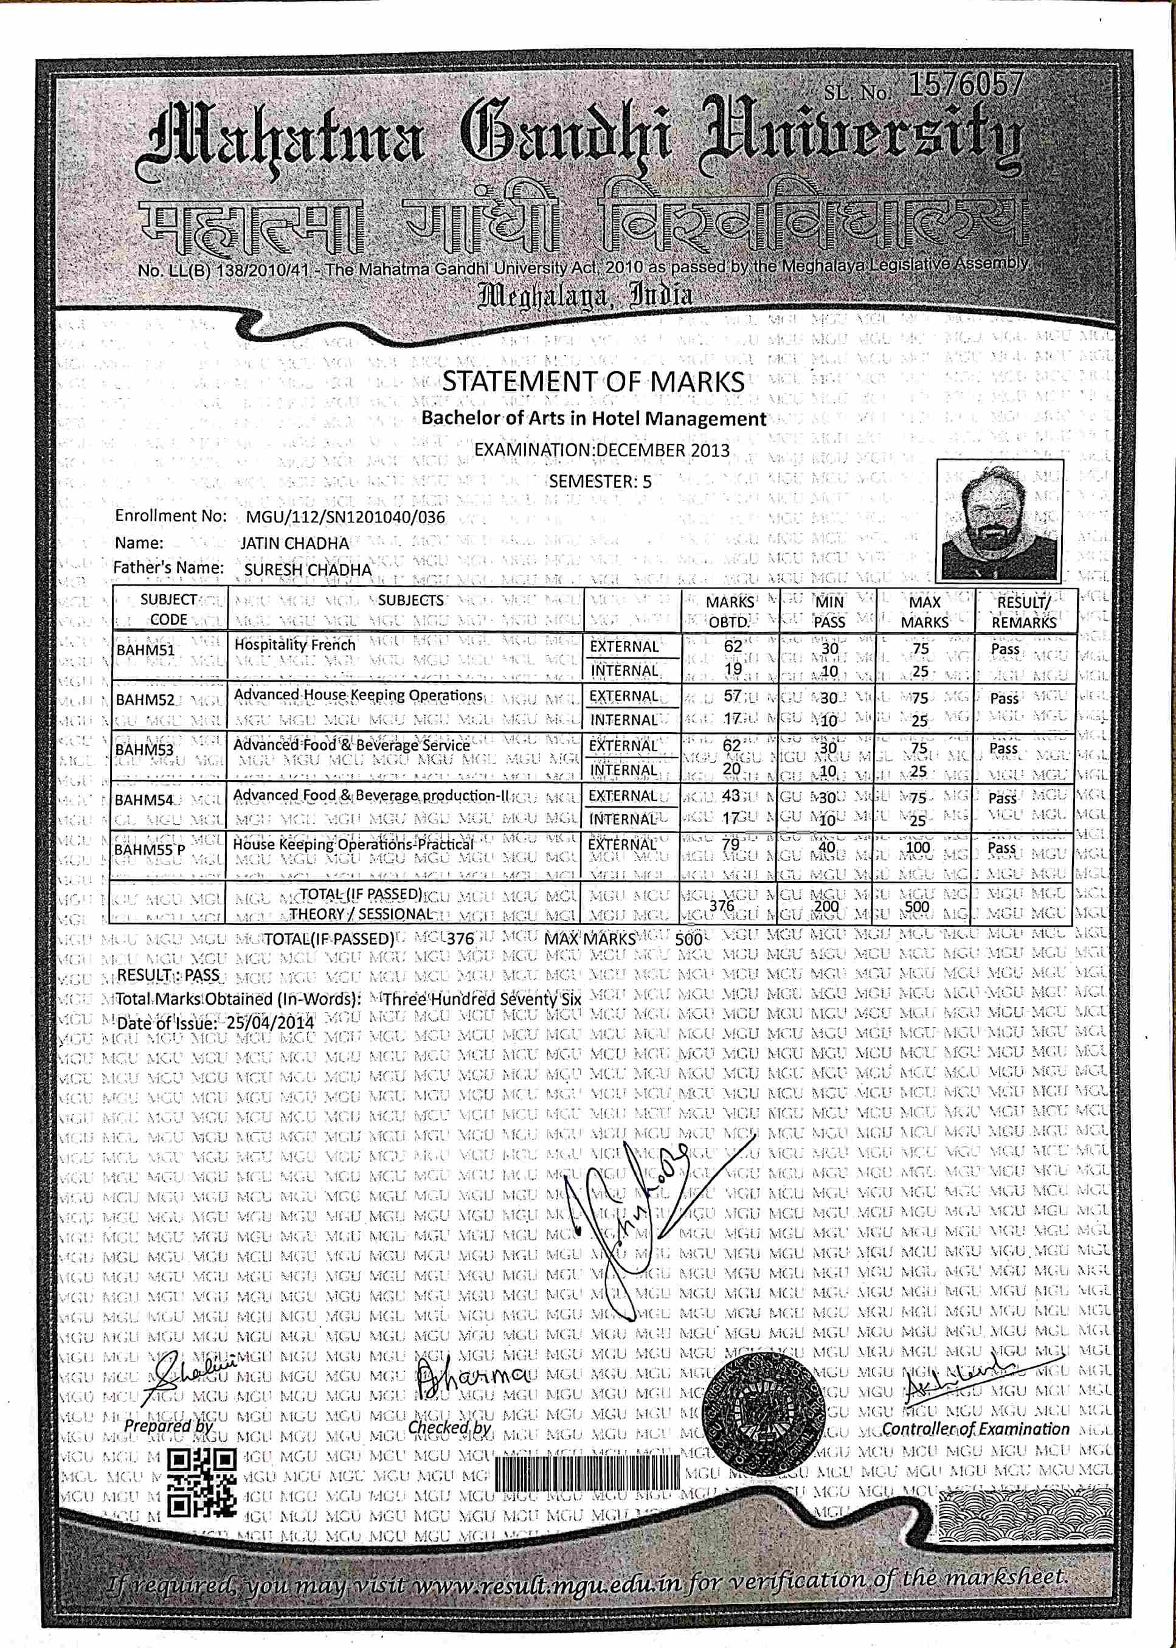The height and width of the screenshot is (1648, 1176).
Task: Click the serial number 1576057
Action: point(965,86)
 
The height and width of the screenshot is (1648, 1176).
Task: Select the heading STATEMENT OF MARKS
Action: point(593,381)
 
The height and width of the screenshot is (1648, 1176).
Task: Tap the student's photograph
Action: point(999,520)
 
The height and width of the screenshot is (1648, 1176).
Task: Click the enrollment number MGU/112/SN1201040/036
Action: point(345,517)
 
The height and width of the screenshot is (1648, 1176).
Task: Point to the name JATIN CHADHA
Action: point(295,543)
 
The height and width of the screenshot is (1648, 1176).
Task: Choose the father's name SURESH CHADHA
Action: point(308,570)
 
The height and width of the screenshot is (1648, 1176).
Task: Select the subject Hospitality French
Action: point(295,645)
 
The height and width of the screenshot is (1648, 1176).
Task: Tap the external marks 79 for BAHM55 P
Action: point(731,845)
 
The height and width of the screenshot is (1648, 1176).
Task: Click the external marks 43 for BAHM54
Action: point(731,795)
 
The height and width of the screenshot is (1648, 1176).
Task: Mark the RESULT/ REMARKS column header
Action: point(1023,612)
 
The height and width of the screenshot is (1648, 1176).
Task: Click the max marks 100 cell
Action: point(918,847)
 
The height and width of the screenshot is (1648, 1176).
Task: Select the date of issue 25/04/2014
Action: point(270,1023)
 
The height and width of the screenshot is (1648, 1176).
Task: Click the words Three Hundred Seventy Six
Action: point(482,1000)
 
